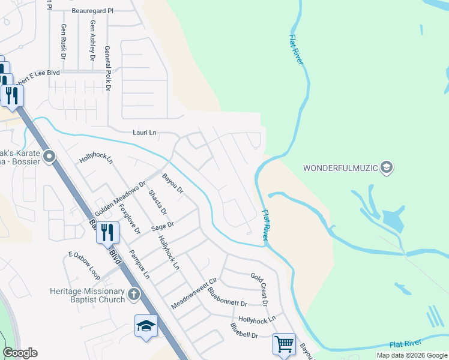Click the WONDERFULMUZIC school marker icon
click(x=387, y=167)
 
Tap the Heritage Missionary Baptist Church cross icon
click(x=133, y=295)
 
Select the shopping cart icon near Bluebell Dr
click(x=283, y=344)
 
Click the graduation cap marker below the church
click(x=146, y=326)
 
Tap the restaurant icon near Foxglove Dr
click(x=107, y=232)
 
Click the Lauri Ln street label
click(x=145, y=132)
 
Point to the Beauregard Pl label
click(x=92, y=11)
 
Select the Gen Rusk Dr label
click(x=63, y=41)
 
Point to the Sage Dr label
click(x=162, y=226)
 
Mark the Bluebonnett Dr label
click(x=228, y=296)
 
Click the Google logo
click(x=20, y=353)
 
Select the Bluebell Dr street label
click(x=244, y=331)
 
